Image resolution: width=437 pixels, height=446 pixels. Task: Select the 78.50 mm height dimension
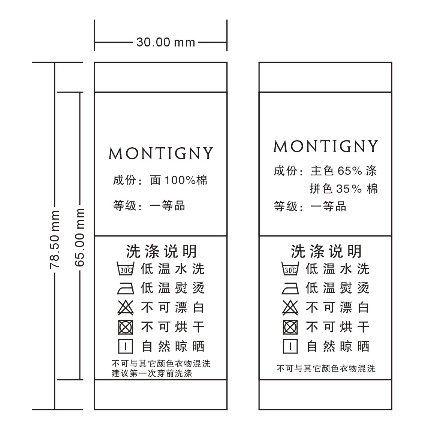coord(55,239)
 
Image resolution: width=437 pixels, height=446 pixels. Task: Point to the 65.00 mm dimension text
coord(79,237)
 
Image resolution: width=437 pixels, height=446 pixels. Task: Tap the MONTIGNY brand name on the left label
coord(161,154)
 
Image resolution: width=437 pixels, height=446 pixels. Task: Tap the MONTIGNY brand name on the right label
coord(326,146)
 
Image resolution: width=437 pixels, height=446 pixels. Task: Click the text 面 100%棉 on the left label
coord(178,180)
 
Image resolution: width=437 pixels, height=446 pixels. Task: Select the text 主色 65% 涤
coord(344,171)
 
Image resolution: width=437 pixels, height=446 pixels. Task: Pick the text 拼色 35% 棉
coord(344,189)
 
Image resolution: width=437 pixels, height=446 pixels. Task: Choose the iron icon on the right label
coord(290,288)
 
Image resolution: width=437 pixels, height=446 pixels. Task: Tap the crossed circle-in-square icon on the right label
coord(290,327)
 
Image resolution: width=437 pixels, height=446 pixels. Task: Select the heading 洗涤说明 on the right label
coord(326,251)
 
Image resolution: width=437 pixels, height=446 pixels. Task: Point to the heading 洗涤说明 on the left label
coord(162,251)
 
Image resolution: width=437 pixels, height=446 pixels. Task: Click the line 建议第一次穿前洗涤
coord(152,374)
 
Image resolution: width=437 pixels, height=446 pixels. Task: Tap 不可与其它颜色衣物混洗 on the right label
coord(326,368)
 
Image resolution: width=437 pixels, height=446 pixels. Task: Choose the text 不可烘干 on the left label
coord(173,327)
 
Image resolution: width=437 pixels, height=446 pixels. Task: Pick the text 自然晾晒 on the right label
coord(338,346)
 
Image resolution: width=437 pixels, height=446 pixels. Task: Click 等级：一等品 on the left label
coord(149,206)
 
